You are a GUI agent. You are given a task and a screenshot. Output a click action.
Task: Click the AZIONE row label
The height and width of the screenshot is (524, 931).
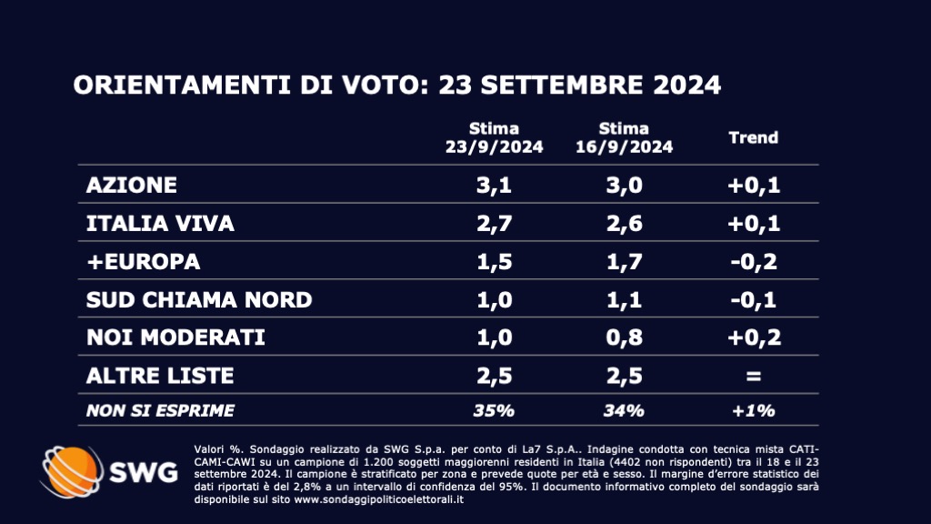click(x=131, y=186)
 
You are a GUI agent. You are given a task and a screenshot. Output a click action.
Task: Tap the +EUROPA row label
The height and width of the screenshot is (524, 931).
click(x=143, y=262)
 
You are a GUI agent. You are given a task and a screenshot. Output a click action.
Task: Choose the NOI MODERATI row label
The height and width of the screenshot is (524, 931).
click(x=175, y=338)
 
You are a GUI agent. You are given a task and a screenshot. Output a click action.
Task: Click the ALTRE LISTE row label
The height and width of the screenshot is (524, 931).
click(x=160, y=375)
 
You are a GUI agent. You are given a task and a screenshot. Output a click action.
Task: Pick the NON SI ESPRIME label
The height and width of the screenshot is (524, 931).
click(x=160, y=410)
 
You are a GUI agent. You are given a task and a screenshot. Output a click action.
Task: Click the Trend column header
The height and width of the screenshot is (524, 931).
click(x=754, y=138)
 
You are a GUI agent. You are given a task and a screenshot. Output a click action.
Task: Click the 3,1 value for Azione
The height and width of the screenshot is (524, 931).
click(x=494, y=186)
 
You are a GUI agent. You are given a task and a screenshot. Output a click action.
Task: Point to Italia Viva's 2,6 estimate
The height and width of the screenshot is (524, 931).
click(x=624, y=224)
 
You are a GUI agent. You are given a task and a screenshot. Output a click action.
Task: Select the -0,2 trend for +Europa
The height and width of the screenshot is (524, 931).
click(x=754, y=262)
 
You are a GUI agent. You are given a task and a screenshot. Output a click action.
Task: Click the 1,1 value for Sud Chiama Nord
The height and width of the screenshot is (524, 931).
click(x=624, y=299)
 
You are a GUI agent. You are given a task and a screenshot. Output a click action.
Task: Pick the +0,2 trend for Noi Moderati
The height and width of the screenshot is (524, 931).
click(x=754, y=338)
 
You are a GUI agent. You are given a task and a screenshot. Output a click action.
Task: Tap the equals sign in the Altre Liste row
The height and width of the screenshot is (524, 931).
click(x=754, y=375)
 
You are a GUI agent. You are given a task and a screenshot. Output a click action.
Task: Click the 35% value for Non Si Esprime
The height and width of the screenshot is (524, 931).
click(x=494, y=410)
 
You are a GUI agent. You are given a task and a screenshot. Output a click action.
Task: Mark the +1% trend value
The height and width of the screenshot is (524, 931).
click(x=754, y=410)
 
